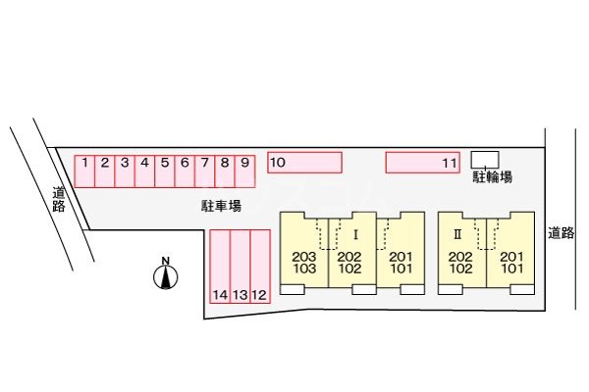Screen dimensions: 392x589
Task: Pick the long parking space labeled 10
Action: coord(304,162)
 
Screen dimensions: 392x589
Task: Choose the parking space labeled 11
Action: coord(422,162)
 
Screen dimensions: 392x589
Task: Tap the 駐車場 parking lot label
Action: coord(216,206)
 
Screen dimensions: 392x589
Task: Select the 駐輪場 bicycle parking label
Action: coord(491,178)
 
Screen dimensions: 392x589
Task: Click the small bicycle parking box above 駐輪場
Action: coord(485,159)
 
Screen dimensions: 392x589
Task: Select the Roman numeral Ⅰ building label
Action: coord(355,235)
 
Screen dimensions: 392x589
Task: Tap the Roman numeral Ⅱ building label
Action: coord(456,235)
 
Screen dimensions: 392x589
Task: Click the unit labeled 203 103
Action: coord(303,262)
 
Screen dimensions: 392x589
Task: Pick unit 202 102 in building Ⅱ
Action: coord(460,262)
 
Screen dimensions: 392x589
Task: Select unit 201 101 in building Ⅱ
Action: coord(510,262)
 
